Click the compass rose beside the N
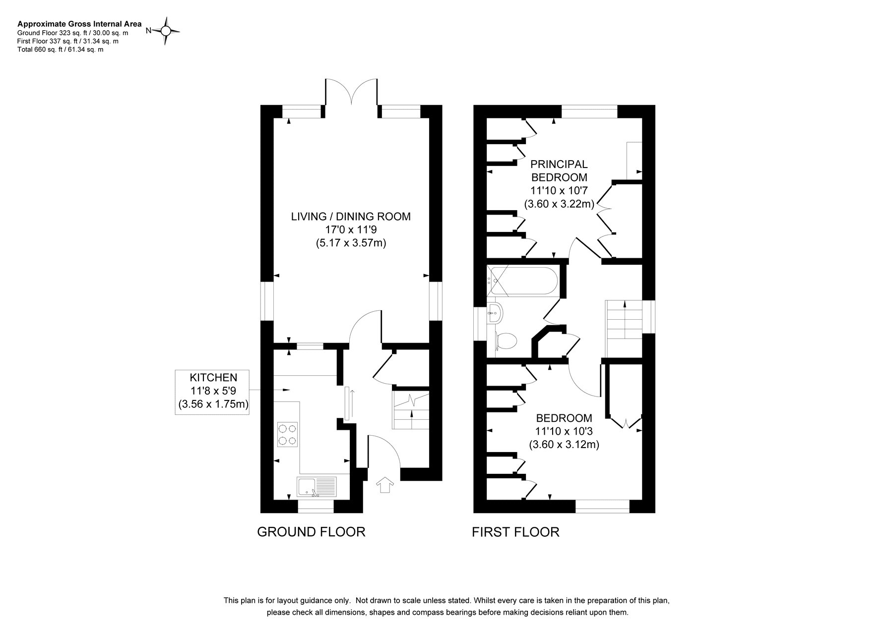pos(166,31)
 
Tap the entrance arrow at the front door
pos(384,484)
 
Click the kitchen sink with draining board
pos(317,487)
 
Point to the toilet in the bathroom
pos(506,341)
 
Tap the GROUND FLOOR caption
pos(311,532)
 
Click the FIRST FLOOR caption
pos(515,532)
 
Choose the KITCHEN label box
pos(212,392)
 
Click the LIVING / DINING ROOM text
pos(351,217)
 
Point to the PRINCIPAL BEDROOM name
pos(559,171)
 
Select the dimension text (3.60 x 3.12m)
pos(564,445)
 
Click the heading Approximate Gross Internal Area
pos(79,24)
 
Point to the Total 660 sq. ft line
pos(60,50)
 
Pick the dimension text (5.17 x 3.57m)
pos(351,243)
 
